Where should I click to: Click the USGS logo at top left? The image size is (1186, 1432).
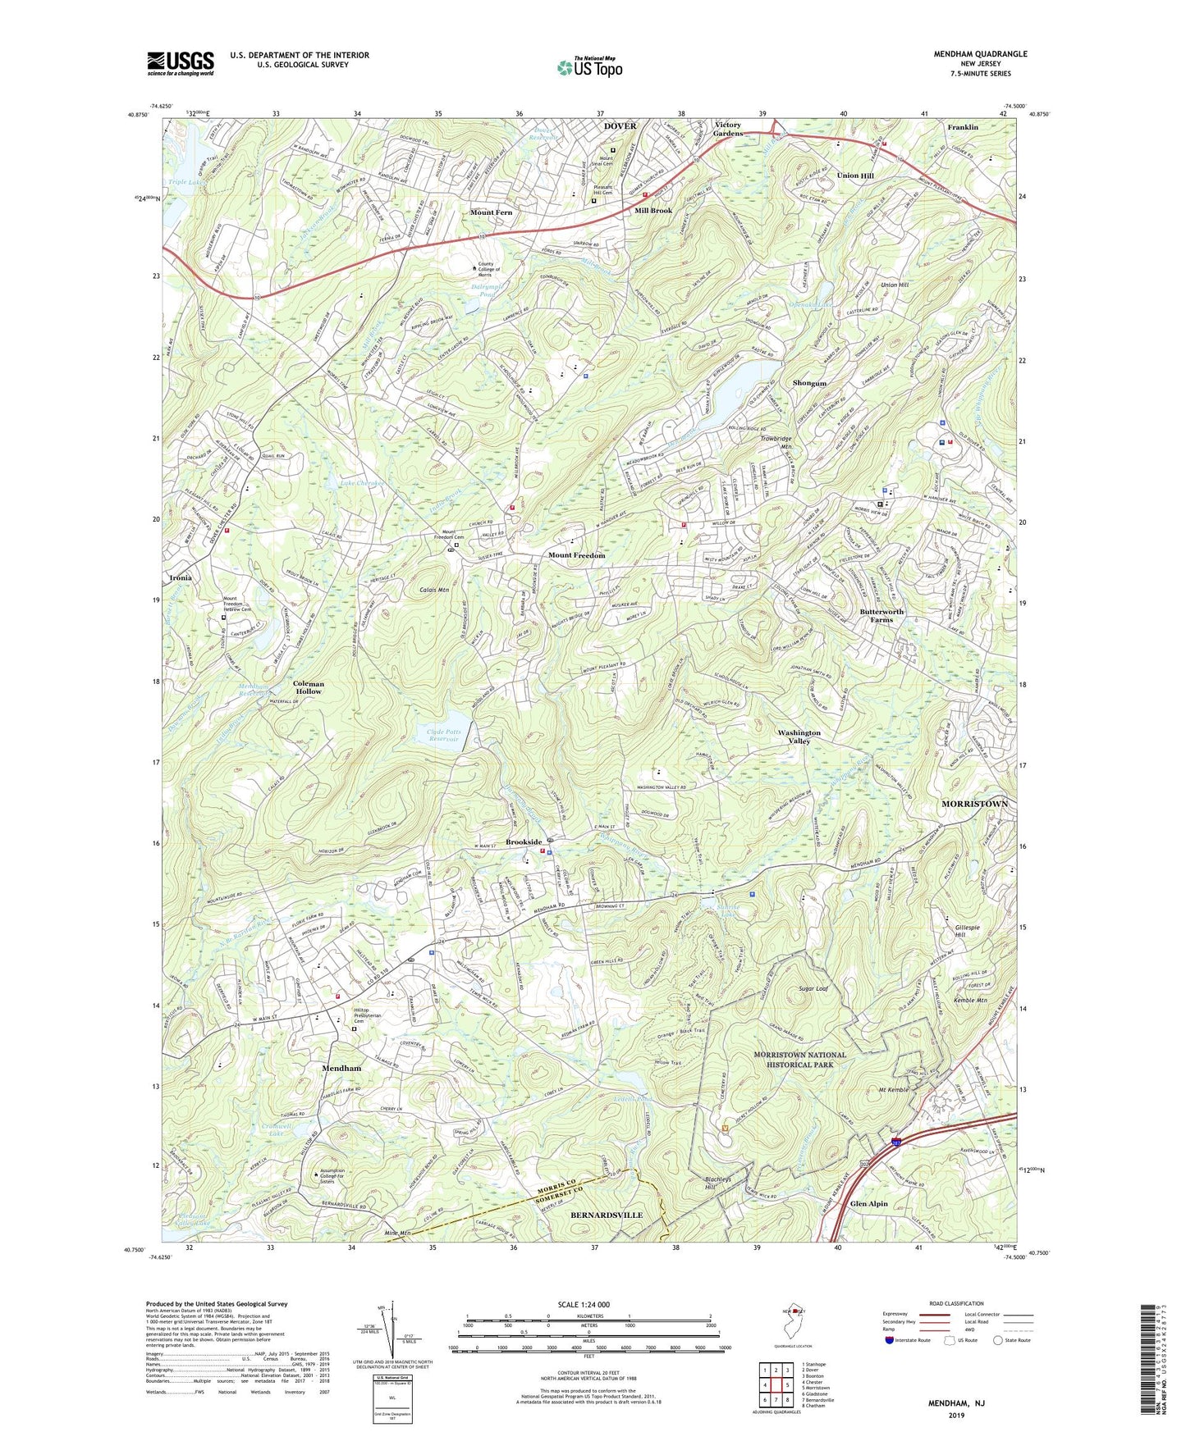181,63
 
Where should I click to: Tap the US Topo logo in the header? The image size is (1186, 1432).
588,67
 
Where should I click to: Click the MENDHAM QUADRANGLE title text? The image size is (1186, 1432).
980,54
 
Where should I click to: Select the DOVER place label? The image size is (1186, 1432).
620,126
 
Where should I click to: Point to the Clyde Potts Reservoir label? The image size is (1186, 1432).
444,735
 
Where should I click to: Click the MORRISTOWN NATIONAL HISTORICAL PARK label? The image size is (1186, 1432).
799,1060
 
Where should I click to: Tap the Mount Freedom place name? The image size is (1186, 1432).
576,555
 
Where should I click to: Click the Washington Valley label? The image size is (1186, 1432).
799,737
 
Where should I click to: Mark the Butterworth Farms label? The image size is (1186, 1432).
881,615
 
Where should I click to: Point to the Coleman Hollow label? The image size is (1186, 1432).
309,687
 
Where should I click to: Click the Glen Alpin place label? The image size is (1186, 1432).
869,1203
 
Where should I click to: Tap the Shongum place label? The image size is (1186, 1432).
809,383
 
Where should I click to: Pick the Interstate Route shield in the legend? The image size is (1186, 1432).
891,1340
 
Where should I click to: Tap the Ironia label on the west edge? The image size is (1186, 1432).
181,577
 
